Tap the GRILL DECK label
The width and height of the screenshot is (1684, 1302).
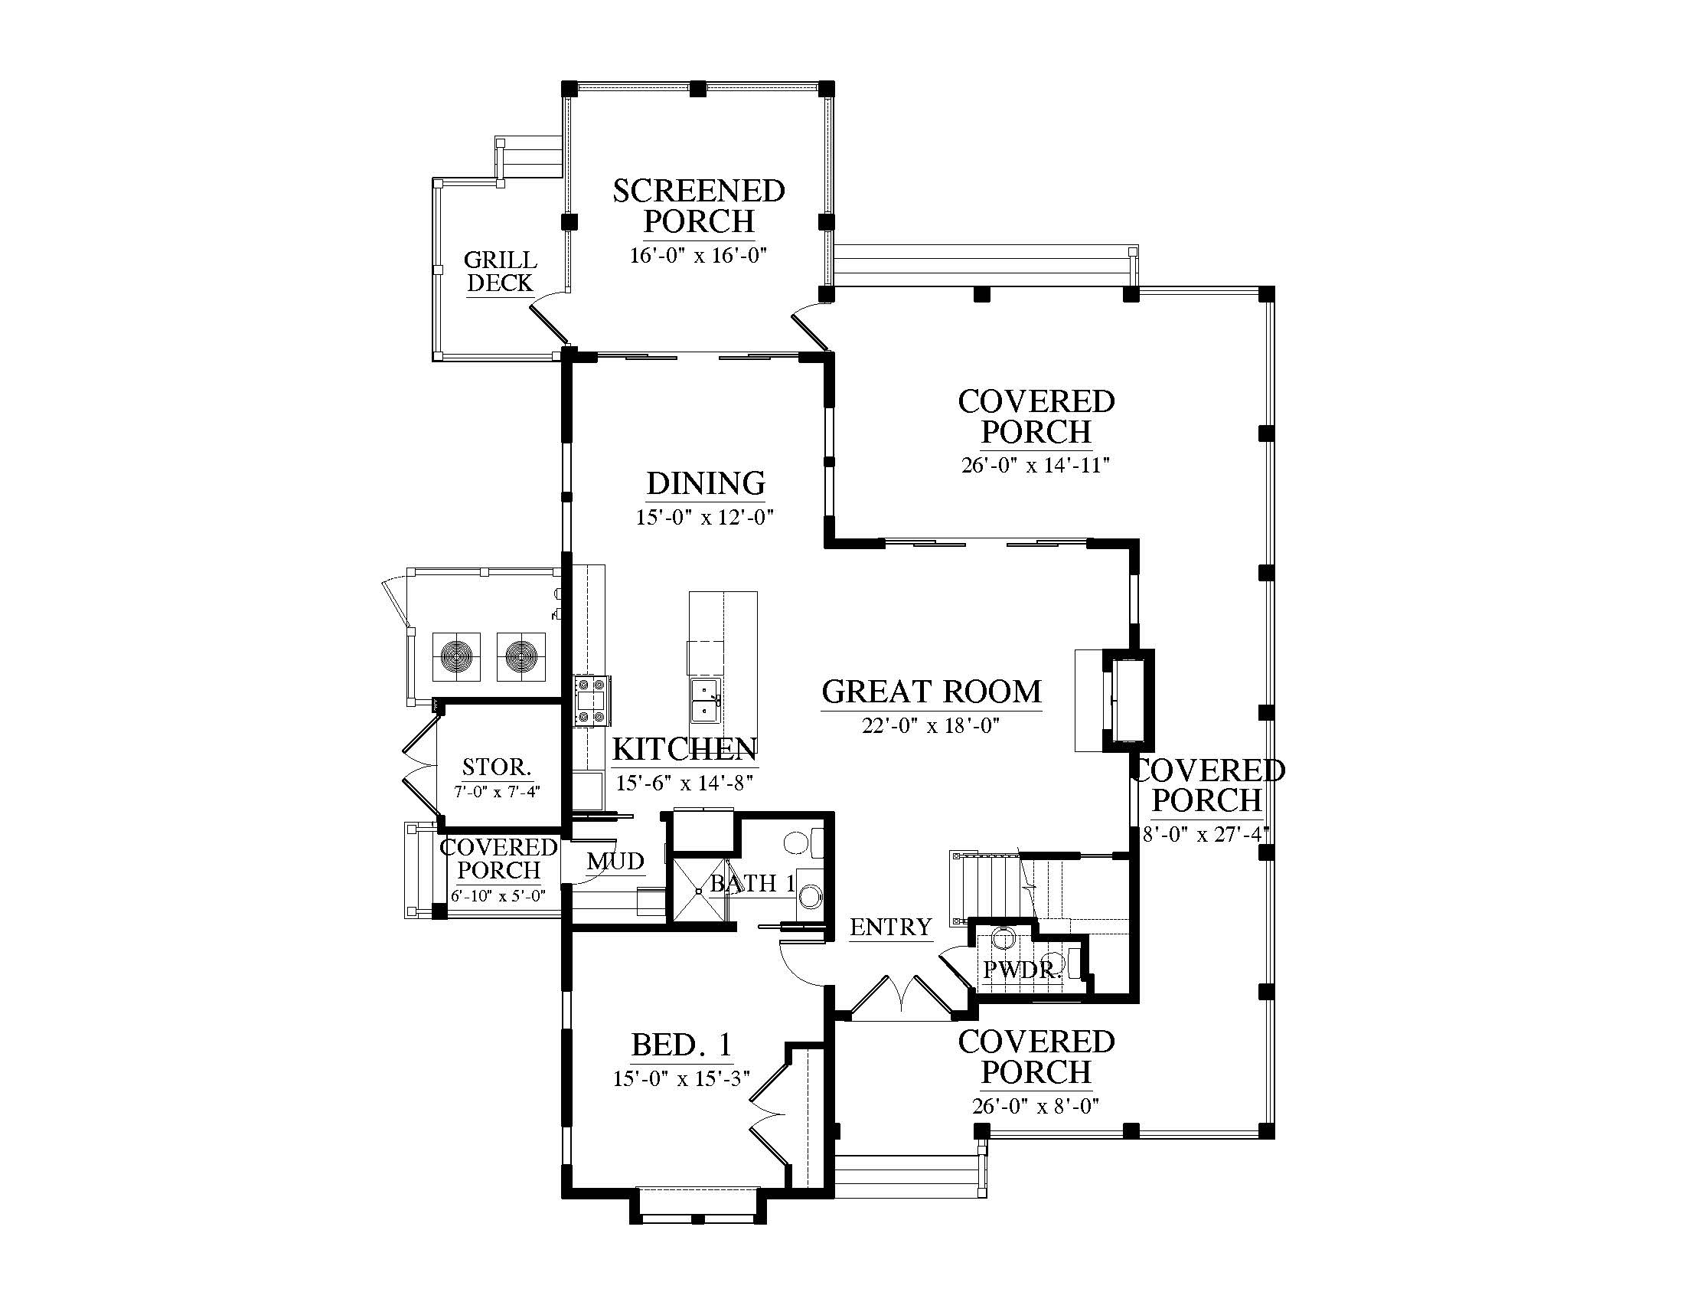pyautogui.click(x=501, y=272)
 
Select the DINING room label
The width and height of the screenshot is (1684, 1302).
pyautogui.click(x=706, y=483)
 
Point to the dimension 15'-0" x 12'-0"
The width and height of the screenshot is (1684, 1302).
pyautogui.click(x=705, y=517)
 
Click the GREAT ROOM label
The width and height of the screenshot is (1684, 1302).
pyautogui.click(x=932, y=692)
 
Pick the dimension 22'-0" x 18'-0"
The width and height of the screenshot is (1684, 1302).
pyautogui.click(x=931, y=726)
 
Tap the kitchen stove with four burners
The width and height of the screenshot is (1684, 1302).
pyautogui.click(x=592, y=700)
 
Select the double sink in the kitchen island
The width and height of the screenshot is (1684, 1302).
pyautogui.click(x=707, y=701)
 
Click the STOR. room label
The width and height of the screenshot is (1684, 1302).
pyautogui.click(x=497, y=767)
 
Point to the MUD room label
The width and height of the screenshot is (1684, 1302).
pyautogui.click(x=615, y=861)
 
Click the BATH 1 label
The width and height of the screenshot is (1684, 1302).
pyautogui.click(x=752, y=883)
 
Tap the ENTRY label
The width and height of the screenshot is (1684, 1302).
pyautogui.click(x=890, y=927)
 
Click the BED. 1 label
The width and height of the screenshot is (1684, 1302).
pyautogui.click(x=681, y=1045)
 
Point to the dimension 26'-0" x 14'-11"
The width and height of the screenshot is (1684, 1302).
pyautogui.click(x=1036, y=465)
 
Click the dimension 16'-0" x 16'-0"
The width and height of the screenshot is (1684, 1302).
pyautogui.click(x=699, y=255)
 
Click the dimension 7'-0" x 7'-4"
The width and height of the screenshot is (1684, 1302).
pyautogui.click(x=498, y=791)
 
